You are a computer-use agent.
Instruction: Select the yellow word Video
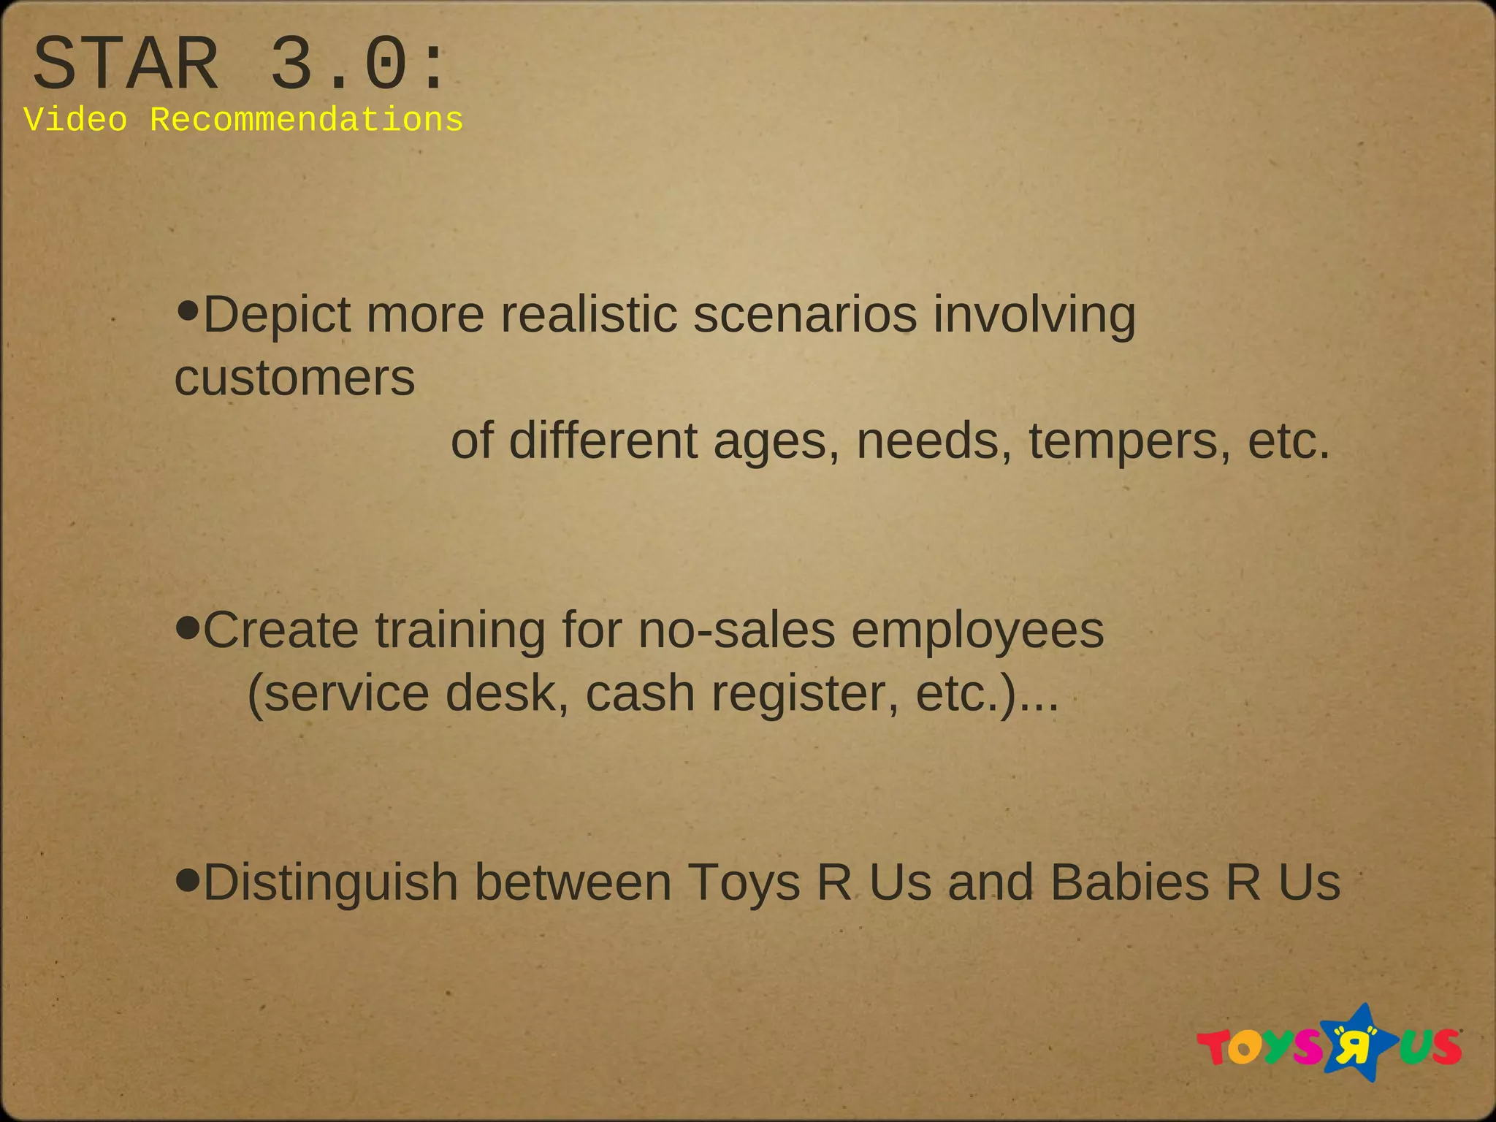pyautogui.click(x=75, y=120)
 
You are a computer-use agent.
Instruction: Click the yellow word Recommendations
pyautogui.click(x=306, y=120)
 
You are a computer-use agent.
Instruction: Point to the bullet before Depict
pyautogui.click(x=188, y=311)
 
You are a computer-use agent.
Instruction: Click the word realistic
pyautogui.click(x=589, y=315)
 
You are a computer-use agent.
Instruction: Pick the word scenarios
pyautogui.click(x=804, y=315)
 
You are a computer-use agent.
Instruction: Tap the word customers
pyautogui.click(x=294, y=378)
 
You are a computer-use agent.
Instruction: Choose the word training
pyautogui.click(x=460, y=630)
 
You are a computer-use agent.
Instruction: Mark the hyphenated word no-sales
pyautogui.click(x=736, y=630)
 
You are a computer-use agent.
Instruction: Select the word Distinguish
pyautogui.click(x=330, y=883)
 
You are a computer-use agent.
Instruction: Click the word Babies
pyautogui.click(x=1129, y=882)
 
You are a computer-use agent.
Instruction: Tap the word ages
pyautogui.click(x=776, y=443)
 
